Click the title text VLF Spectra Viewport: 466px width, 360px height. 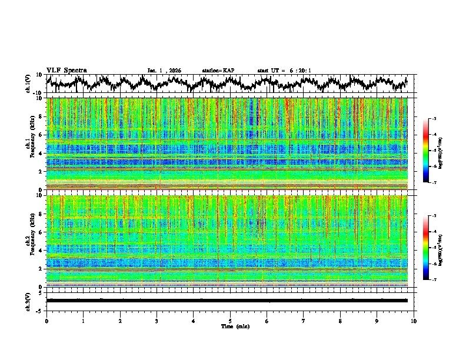[66, 71]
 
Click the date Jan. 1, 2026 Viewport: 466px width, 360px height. [164, 71]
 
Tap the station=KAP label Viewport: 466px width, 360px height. [218, 71]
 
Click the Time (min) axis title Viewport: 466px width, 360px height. [230, 326]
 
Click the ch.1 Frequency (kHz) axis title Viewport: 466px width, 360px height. [30, 144]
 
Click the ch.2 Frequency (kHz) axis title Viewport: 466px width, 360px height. [30, 241]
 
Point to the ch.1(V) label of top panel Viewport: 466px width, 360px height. [29, 83]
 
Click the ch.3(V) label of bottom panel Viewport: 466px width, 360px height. [29, 300]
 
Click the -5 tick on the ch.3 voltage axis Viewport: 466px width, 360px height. [40, 309]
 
